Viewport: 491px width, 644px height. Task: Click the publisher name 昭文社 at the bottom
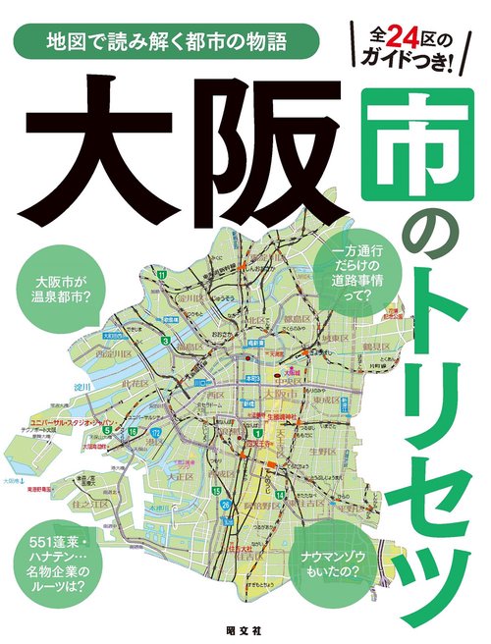[243, 625]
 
